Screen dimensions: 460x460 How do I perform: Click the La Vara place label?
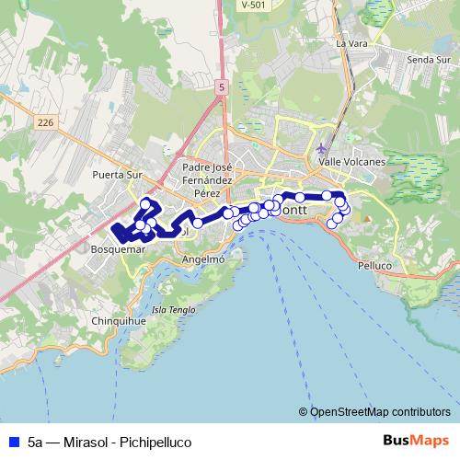pos(351,43)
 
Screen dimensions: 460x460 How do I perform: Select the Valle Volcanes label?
pos(351,161)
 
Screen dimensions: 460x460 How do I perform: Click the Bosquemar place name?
pos(120,249)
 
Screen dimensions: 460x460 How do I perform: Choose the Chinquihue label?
pos(116,321)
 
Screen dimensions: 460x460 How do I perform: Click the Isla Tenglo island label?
pos(174,310)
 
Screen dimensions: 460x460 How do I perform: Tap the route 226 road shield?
pos(47,121)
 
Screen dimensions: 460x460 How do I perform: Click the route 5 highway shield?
pos(222,86)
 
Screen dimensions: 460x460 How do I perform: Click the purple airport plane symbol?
pos(321,148)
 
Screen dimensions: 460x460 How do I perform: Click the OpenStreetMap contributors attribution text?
pos(380,412)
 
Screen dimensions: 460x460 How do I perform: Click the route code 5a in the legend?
pos(36,443)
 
